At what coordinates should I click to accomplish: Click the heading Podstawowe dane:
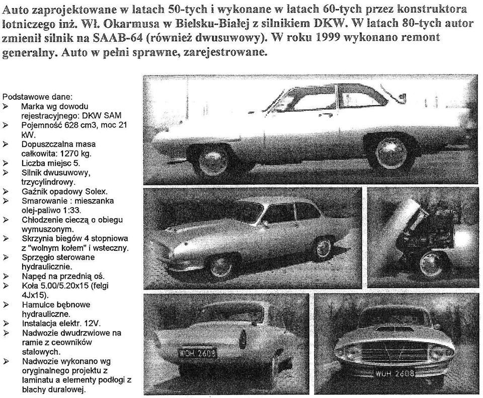click(x=37, y=96)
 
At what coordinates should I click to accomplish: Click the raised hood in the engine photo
click(x=403, y=222)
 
